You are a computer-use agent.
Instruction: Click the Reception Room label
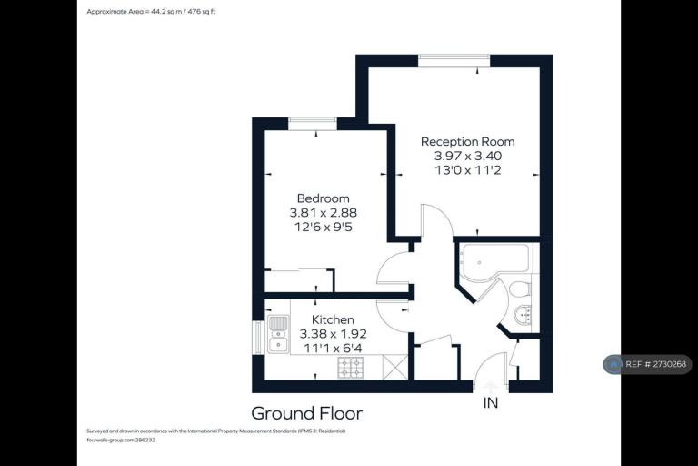click(467, 142)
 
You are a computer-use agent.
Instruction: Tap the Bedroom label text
click(324, 198)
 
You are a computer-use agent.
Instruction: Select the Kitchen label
click(333, 319)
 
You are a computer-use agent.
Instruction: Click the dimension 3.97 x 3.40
click(468, 156)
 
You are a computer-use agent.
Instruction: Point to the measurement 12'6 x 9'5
click(324, 227)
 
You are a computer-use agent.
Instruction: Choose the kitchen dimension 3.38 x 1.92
click(333, 334)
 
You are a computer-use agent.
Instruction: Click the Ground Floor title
click(307, 413)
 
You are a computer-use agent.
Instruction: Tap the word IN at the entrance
click(491, 403)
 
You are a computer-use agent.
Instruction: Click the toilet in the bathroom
click(519, 289)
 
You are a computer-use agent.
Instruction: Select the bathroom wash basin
click(523, 314)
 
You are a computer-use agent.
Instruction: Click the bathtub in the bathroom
click(494, 262)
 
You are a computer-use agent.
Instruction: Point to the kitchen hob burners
click(350, 368)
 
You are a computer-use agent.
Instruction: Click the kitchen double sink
click(278, 334)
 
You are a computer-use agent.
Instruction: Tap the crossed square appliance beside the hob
click(394, 368)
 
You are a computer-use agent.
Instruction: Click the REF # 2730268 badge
click(648, 364)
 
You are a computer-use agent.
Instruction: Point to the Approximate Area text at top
click(151, 12)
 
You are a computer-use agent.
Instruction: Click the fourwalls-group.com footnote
click(121, 441)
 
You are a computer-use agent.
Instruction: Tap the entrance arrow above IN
click(490, 387)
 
